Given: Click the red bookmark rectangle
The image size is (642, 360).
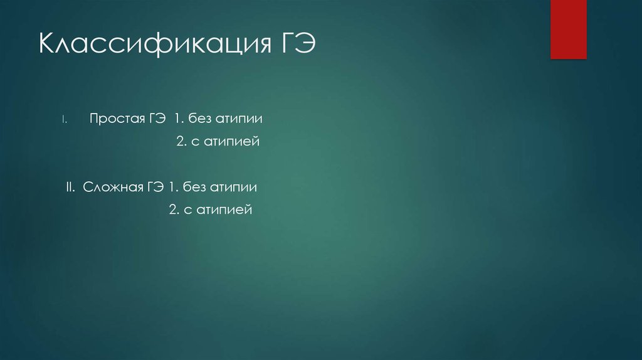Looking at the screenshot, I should click(568, 29).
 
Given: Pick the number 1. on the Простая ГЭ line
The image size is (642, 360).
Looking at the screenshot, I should click(179, 119).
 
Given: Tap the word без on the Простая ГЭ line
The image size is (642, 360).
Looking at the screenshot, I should click(201, 119).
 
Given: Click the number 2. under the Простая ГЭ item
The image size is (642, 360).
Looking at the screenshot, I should click(181, 142).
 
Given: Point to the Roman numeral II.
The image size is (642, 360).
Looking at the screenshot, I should click(70, 187).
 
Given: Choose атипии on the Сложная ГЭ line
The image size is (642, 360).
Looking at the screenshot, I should click(234, 188).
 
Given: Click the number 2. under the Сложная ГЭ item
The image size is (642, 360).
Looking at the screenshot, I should click(174, 210).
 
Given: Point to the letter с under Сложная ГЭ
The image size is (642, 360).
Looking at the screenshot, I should click(187, 211).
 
